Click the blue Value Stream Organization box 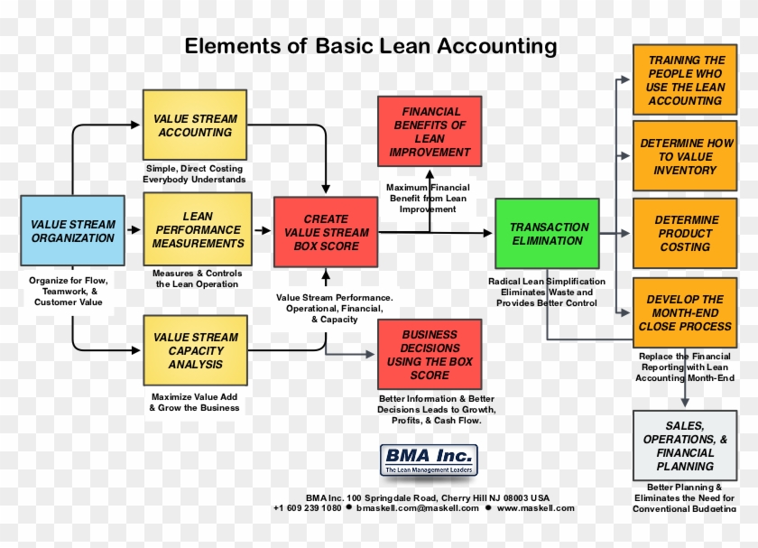tap(73, 231)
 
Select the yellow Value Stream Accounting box tap(195, 125)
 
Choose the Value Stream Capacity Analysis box tap(195, 351)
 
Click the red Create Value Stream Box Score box tap(326, 232)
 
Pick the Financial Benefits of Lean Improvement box tap(430, 132)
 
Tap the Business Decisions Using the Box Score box tap(430, 355)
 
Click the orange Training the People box tap(685, 80)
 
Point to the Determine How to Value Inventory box tap(685, 156)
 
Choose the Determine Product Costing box tap(685, 233)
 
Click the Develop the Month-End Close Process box tap(685, 312)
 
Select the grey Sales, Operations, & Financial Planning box tap(685, 446)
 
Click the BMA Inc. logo tap(428, 460)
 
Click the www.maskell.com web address tap(535, 508)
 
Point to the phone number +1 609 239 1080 tap(308, 508)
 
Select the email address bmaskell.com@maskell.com tap(418, 508)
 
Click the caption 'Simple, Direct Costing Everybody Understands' tap(194, 174)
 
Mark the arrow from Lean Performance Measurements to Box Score tap(261, 231)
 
